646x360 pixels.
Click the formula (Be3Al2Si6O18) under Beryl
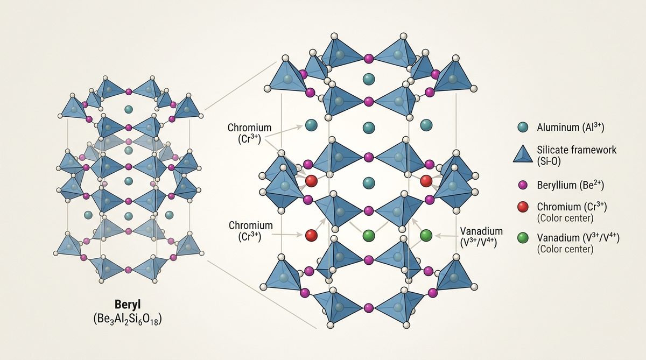tap(128, 320)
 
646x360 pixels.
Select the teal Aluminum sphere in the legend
tap(523, 127)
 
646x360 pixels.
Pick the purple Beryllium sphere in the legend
tap(523, 185)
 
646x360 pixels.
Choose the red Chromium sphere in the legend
tap(523, 207)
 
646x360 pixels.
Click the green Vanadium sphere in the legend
tap(523, 238)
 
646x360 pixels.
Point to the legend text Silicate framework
tap(577, 150)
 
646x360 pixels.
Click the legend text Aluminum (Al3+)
tap(571, 127)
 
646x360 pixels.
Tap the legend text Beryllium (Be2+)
tap(571, 185)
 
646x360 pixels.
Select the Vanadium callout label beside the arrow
tap(481, 237)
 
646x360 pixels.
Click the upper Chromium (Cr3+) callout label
tap(249, 133)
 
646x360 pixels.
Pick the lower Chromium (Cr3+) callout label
tap(251, 231)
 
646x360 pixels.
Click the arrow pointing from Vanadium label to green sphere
tap(446, 236)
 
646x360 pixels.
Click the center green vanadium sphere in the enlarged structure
tap(369, 235)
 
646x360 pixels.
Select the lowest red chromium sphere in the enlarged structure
tap(312, 235)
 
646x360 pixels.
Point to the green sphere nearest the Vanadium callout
tap(426, 235)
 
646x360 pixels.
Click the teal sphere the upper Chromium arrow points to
tap(311, 125)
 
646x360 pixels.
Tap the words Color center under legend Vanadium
tap(565, 249)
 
